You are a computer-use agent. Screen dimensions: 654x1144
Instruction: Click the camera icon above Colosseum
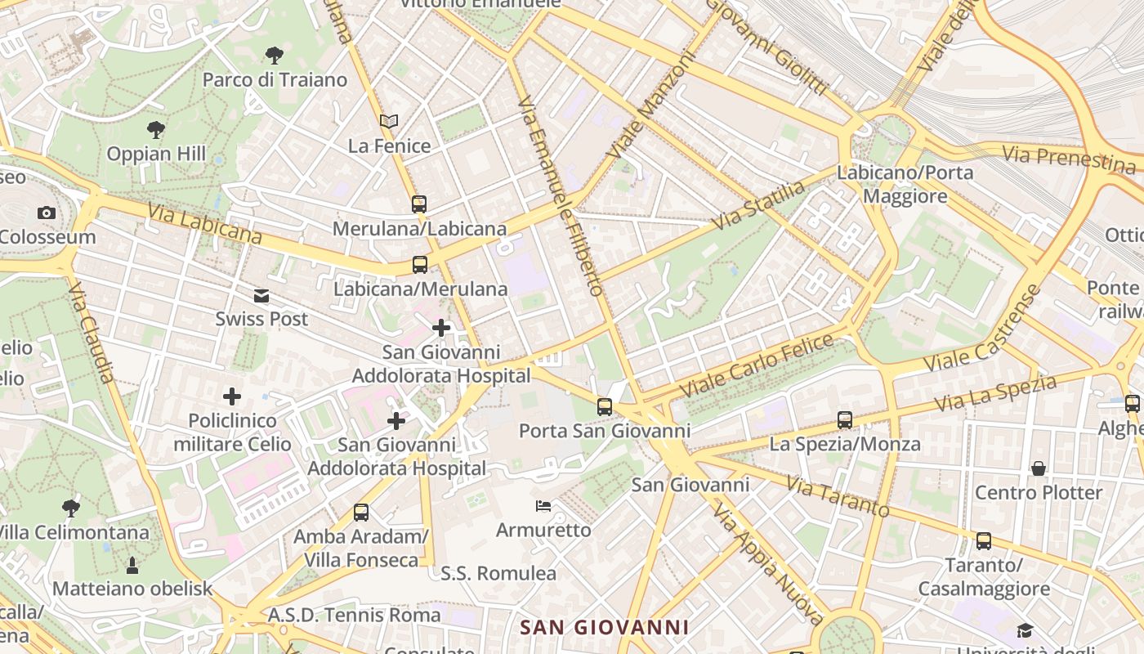point(47,213)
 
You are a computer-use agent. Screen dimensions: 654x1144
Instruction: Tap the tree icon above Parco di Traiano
point(275,56)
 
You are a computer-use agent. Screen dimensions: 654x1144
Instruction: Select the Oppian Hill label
point(156,154)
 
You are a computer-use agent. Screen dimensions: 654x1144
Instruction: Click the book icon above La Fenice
point(389,122)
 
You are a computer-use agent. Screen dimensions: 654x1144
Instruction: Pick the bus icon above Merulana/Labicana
point(419,204)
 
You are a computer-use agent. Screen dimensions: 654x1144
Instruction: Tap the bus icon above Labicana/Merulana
point(420,265)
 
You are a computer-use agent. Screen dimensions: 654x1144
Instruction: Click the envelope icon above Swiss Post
point(261,295)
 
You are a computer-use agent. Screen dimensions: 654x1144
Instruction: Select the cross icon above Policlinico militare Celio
point(232,396)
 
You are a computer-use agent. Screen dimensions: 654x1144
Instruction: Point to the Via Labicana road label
point(204,223)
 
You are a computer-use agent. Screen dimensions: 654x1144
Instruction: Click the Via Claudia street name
point(92,334)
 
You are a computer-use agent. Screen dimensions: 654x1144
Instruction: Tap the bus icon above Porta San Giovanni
point(605,406)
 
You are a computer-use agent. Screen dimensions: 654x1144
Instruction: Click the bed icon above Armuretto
point(543,506)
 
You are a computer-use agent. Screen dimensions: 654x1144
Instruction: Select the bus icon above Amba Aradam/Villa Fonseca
point(361,513)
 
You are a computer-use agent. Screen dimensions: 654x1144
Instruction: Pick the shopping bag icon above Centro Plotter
point(1039,468)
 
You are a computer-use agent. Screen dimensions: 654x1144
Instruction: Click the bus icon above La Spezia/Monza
point(845,420)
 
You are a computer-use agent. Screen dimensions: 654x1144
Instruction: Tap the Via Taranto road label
point(838,496)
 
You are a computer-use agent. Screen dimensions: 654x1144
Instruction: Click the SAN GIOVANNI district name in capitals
point(605,628)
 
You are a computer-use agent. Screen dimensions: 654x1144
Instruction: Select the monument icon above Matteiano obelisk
point(132,565)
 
